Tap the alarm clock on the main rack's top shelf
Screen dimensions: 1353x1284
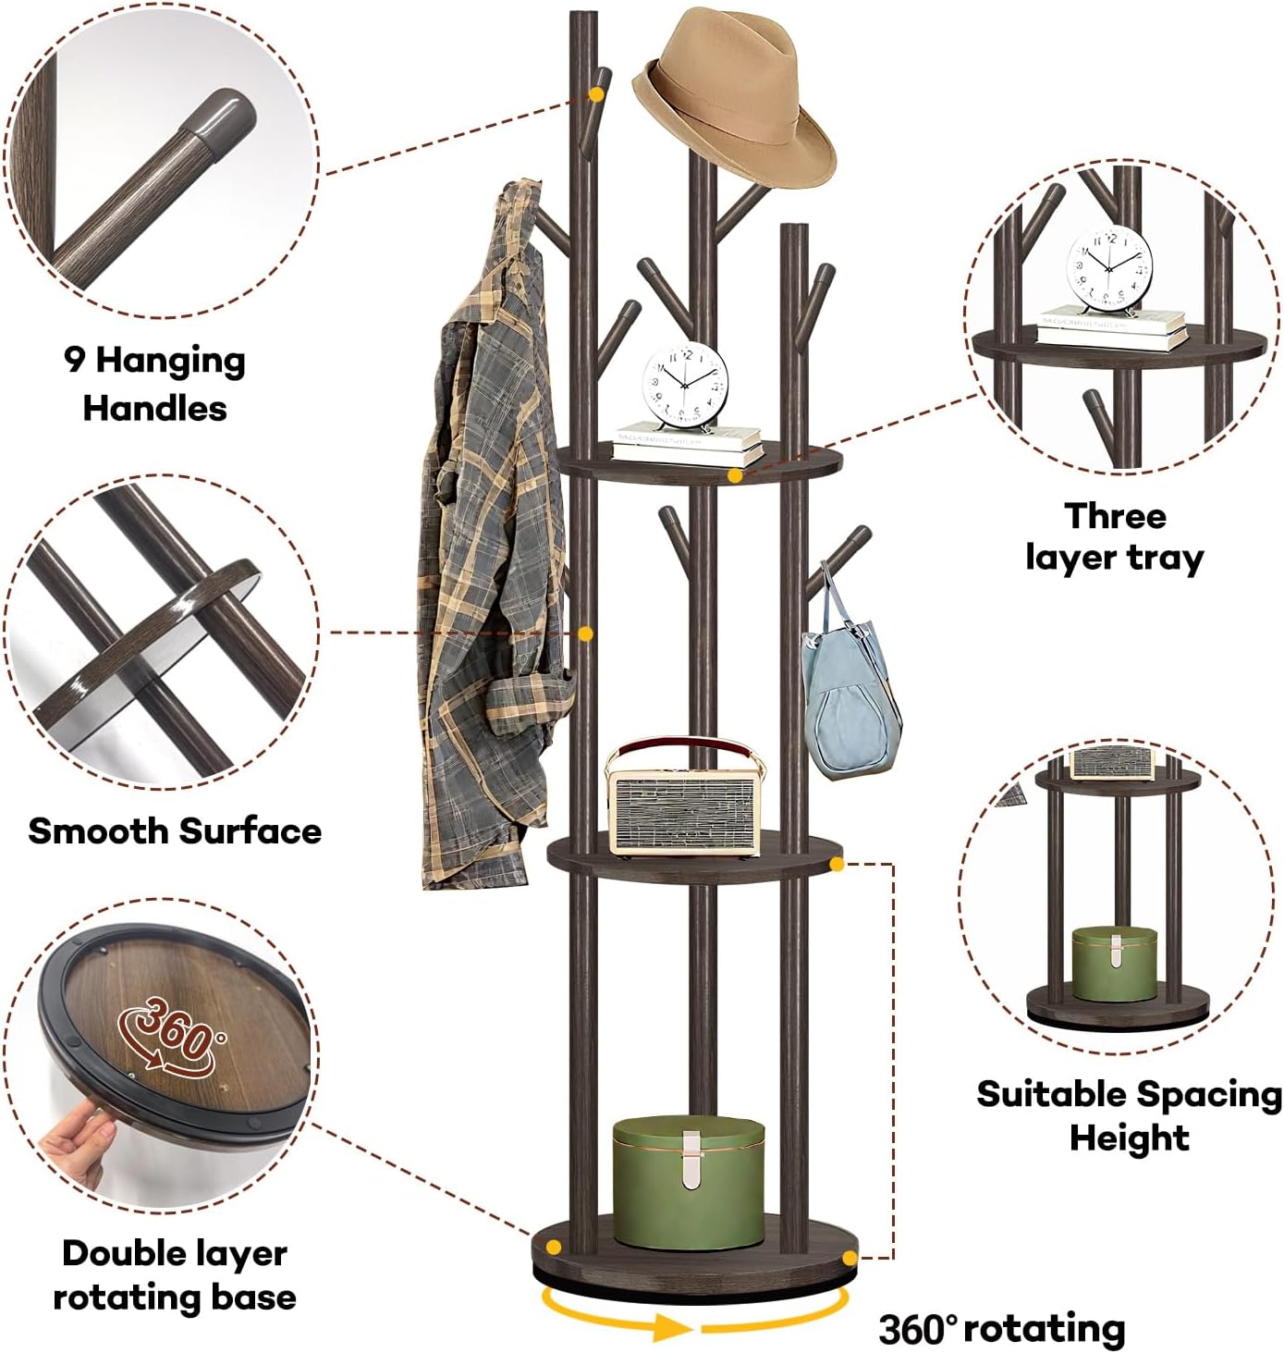(685, 385)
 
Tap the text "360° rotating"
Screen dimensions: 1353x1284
(1001, 1328)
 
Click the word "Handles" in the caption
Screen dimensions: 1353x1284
(154, 408)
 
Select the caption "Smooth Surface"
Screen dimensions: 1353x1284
(175, 830)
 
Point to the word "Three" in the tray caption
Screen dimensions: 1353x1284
(1114, 515)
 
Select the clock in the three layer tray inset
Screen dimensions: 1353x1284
(1109, 268)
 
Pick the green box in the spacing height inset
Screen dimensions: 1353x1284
(1114, 965)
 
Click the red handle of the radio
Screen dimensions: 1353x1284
(685, 745)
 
